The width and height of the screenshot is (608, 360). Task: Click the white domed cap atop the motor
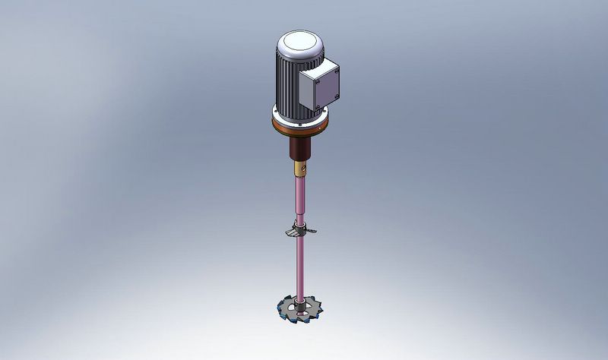tap(299, 42)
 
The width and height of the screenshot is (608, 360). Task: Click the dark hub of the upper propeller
tap(300, 231)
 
